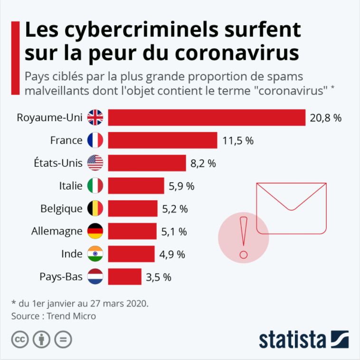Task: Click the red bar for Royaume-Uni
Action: pos(207,118)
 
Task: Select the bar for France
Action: pos(162,140)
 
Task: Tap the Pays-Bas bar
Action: pos(125,276)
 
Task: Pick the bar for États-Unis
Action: pos(147,163)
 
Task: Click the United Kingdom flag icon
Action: pos(95,118)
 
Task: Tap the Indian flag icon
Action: pos(95,254)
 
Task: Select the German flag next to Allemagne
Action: pos(95,231)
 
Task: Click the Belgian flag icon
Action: pos(95,208)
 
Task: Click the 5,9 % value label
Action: pos(181,186)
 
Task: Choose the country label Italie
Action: pos(70,186)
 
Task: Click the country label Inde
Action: pos(72,254)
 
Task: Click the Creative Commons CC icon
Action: pos(19,340)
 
